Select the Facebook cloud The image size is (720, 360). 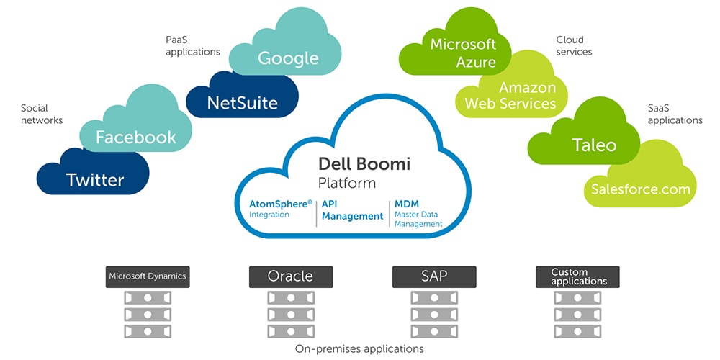[135, 137]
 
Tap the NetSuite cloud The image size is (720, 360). [242, 103]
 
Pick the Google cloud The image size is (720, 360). [288, 58]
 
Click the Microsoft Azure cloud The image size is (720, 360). [464, 53]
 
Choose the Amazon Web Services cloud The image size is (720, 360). [510, 95]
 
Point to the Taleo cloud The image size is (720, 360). [594, 145]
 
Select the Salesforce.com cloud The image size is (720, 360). [640, 189]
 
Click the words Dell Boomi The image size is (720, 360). [364, 164]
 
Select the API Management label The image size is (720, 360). [352, 210]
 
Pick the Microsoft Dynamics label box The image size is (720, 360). [147, 276]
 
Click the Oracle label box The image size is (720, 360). [290, 276]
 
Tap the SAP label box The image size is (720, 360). [434, 276]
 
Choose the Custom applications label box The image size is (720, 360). [578, 276]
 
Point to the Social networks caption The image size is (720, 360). [41, 114]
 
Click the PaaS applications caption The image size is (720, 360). [192, 45]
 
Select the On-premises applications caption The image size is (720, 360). [359, 348]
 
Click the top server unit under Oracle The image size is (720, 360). [290, 297]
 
